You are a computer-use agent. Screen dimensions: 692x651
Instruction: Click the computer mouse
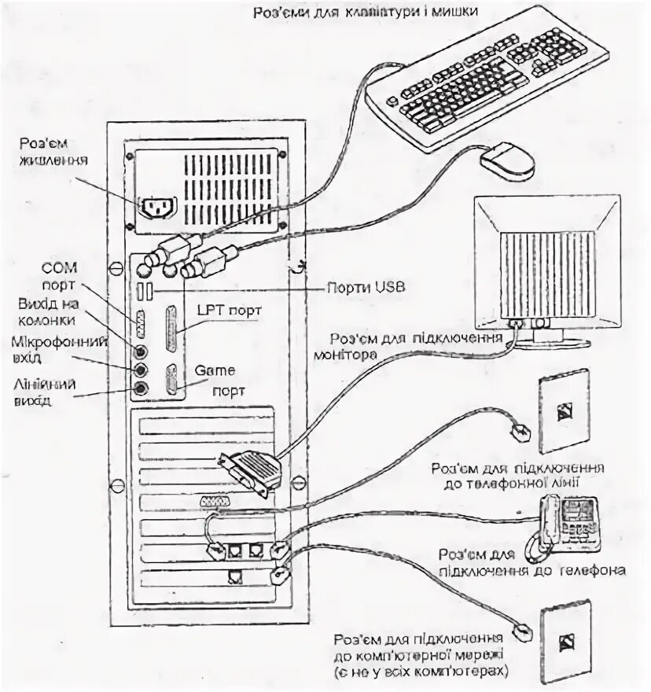pyautogui.click(x=507, y=160)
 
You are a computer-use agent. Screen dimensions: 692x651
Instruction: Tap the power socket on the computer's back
pyautogui.click(x=159, y=207)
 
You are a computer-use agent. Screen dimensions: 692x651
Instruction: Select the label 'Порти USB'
pyautogui.click(x=367, y=288)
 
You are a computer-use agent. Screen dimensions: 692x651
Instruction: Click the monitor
pyautogui.click(x=546, y=267)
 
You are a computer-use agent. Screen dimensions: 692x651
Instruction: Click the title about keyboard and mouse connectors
pyautogui.click(x=366, y=12)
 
